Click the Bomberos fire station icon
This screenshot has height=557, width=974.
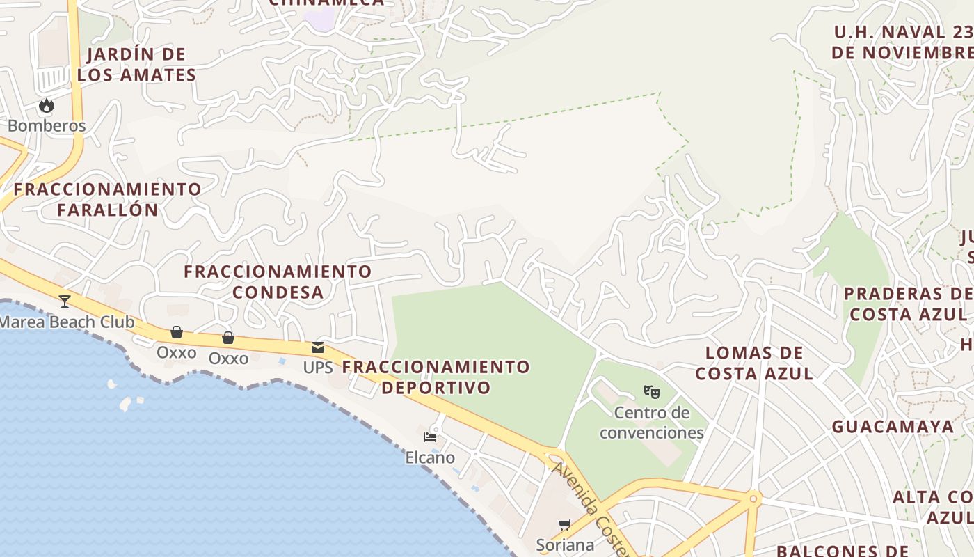pyautogui.click(x=47, y=106)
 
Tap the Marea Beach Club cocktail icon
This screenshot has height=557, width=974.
pyautogui.click(x=65, y=301)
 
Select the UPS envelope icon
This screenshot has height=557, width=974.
pyautogui.click(x=318, y=347)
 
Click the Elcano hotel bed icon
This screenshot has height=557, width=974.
pyautogui.click(x=430, y=437)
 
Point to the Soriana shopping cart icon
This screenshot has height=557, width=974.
pyautogui.click(x=565, y=524)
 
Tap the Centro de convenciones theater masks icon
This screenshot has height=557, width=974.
pyautogui.click(x=652, y=392)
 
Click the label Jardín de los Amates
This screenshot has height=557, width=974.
pyautogui.click(x=136, y=65)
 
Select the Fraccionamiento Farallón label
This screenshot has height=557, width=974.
pyautogui.click(x=108, y=199)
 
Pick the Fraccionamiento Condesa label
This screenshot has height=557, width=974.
pyautogui.click(x=278, y=281)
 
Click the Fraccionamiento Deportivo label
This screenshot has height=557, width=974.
pyautogui.click(x=436, y=377)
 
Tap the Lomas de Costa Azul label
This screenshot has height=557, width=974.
pyautogui.click(x=754, y=363)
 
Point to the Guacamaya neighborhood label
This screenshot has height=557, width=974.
pyautogui.click(x=893, y=427)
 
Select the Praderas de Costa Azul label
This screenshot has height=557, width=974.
pyautogui.click(x=908, y=304)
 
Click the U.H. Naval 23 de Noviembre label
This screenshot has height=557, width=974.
pyautogui.click(x=903, y=42)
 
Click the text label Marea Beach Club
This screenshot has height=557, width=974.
pyautogui.click(x=67, y=322)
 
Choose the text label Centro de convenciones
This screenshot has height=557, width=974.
pyautogui.click(x=652, y=423)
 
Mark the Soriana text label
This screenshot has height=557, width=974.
pyautogui.click(x=565, y=544)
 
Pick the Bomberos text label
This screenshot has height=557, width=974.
pyautogui.click(x=47, y=126)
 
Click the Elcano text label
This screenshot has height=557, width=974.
pyautogui.click(x=430, y=457)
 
